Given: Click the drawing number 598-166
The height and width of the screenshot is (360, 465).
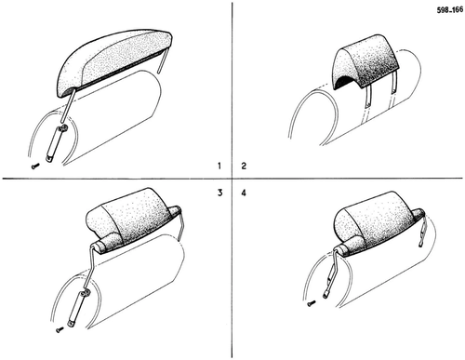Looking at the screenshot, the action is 450,10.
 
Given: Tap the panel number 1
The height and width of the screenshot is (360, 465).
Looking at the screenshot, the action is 219,166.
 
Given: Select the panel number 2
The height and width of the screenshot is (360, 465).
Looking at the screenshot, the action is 244,166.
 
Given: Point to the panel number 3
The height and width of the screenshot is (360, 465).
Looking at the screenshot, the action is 219,193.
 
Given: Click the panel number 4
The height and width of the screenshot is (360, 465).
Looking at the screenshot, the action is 244,193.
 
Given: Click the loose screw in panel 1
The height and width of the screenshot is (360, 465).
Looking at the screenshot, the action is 35,167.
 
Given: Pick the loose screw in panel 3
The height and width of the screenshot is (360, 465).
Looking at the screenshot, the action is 60,329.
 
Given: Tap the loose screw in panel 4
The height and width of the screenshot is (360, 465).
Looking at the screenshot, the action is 312,302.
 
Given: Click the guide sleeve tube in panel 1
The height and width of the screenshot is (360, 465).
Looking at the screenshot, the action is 56,143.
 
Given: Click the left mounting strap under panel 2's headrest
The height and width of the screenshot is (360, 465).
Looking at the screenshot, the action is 368,96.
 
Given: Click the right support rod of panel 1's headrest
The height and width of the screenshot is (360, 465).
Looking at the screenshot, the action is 163,60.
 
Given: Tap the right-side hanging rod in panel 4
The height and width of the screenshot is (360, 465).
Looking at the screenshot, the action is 423,230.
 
